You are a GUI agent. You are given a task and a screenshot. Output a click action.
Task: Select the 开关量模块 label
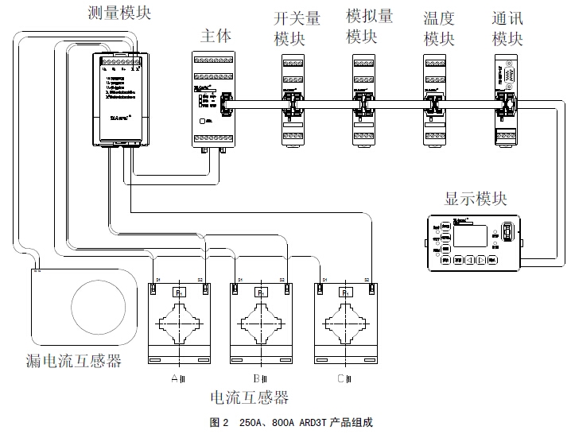point(297,28)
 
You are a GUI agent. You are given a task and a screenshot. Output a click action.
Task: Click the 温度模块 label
point(438,28)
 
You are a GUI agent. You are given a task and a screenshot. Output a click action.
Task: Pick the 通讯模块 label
point(508,28)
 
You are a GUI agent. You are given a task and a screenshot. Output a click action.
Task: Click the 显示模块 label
point(476,199)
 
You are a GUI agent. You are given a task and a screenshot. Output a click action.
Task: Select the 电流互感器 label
point(248,397)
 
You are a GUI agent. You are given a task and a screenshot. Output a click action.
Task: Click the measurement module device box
point(118,99)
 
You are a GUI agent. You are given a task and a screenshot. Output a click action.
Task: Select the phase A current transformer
point(178,322)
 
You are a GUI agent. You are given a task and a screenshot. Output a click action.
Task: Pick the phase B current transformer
point(260,322)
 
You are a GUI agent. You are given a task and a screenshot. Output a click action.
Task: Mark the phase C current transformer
point(345,322)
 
